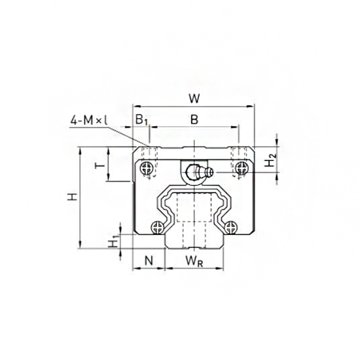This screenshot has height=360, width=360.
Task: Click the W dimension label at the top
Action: tap(194, 99)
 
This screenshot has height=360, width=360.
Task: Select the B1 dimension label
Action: tap(141, 120)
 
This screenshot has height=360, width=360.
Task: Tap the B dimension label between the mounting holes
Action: tap(194, 119)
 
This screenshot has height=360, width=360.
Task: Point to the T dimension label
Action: tap(99, 165)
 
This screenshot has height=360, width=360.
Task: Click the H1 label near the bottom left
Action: tap(114, 242)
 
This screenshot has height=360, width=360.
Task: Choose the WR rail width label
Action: tap(193, 261)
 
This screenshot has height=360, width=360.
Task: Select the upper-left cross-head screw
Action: tap(146, 170)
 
